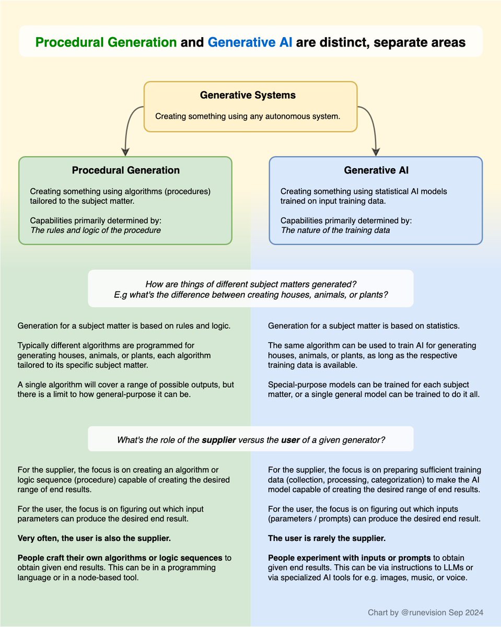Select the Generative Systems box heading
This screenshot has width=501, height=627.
248,95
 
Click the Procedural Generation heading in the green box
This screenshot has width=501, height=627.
125,170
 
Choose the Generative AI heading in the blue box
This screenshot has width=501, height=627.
376,170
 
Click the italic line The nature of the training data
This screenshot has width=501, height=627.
335,230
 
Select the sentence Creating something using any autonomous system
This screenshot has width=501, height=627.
248,115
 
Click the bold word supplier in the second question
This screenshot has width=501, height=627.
218,440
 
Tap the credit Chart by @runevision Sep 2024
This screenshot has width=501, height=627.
425,612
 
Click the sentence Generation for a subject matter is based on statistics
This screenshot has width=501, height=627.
364,326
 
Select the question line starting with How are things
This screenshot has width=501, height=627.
251,284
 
